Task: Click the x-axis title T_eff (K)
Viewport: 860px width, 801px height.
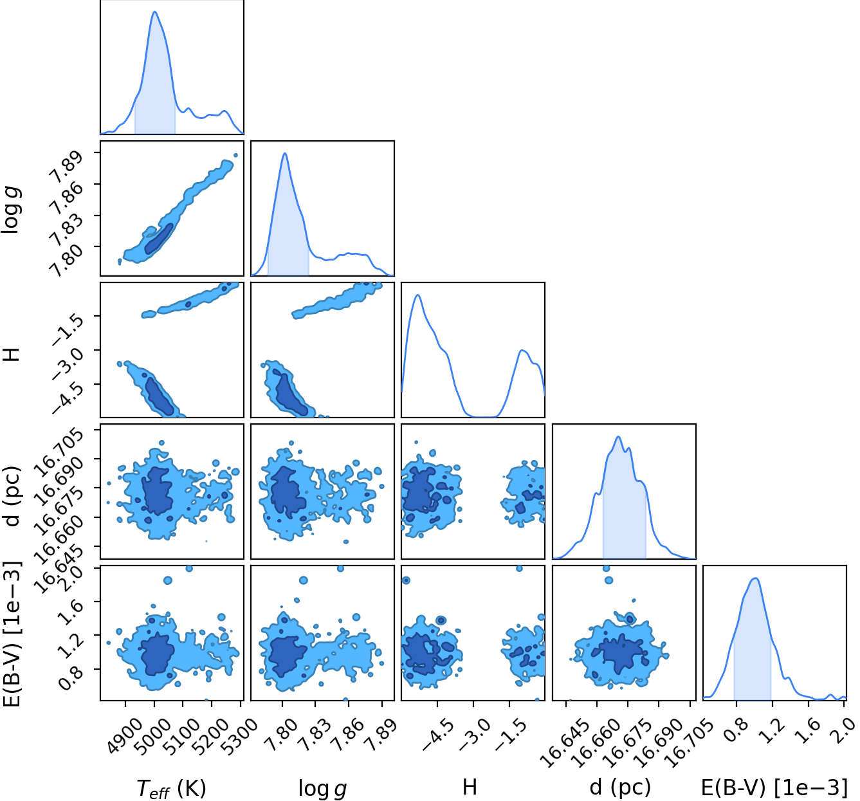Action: point(171,788)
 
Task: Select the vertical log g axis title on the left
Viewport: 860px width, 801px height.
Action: point(11,210)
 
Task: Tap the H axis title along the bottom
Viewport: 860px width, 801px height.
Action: point(470,787)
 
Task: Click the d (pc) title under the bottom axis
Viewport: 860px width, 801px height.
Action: point(620,786)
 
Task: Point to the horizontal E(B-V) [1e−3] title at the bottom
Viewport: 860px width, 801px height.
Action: point(774,787)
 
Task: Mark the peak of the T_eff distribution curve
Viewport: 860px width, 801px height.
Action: point(154,12)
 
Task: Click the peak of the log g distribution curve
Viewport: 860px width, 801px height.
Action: point(284,153)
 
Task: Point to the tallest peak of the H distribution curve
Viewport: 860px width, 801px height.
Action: point(417,295)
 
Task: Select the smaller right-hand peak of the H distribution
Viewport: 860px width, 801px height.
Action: point(522,351)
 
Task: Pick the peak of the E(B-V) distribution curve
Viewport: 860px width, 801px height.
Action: point(755,578)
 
